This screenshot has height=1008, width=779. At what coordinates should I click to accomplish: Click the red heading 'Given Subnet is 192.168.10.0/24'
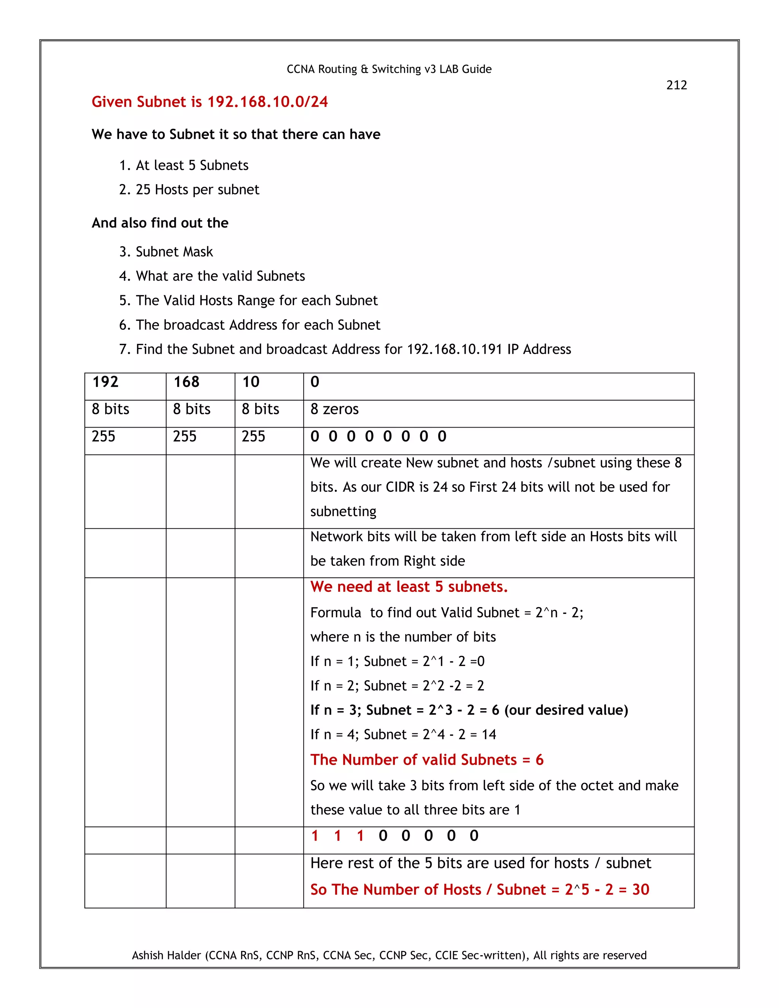(x=210, y=102)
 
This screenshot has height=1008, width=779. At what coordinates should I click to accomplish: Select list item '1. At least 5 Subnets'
(x=184, y=165)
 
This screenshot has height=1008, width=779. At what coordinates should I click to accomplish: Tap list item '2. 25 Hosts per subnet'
(x=189, y=190)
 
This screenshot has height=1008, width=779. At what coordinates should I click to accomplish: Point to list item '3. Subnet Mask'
(x=166, y=251)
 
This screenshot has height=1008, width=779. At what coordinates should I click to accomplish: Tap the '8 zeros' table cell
(x=335, y=409)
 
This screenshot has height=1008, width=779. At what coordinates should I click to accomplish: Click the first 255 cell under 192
(x=103, y=436)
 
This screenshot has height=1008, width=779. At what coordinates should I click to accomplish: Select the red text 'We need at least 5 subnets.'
(x=409, y=587)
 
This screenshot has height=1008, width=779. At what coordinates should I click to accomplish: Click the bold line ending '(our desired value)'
(x=469, y=710)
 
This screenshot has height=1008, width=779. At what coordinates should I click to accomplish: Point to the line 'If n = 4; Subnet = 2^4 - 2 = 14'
(x=403, y=734)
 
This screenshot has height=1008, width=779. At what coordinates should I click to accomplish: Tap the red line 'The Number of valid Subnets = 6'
(x=427, y=760)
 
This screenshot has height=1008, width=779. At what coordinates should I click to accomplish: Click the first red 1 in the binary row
(x=315, y=835)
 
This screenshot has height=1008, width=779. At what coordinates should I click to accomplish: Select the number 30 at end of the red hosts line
(x=640, y=889)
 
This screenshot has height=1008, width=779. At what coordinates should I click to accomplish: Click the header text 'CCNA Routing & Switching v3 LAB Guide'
(x=389, y=69)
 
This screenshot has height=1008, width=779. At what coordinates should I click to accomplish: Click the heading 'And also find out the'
(x=160, y=223)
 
